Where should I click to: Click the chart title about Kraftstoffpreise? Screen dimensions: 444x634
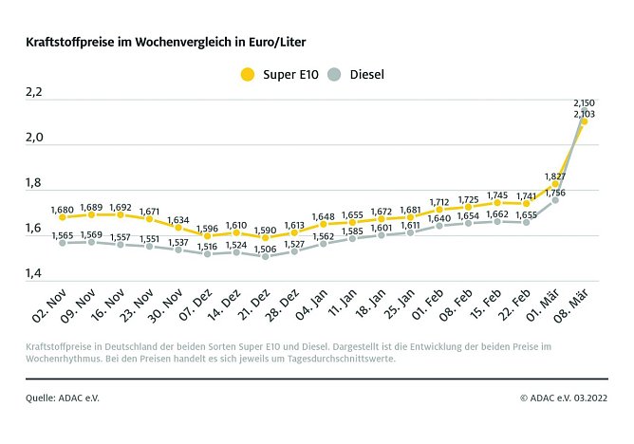pyautogui.click(x=166, y=43)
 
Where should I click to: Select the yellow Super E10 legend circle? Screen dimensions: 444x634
pyautogui.click(x=248, y=74)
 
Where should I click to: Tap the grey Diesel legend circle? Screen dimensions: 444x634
pyautogui.click(x=333, y=74)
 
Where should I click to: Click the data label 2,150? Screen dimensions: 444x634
pyautogui.click(x=584, y=102)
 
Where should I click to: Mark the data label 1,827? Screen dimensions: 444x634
pyautogui.click(x=555, y=176)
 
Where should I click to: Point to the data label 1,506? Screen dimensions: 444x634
pyautogui.click(x=265, y=249)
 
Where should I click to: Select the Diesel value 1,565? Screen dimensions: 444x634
pyautogui.click(x=63, y=234)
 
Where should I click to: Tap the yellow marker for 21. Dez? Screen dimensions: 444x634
pyautogui.click(x=265, y=237)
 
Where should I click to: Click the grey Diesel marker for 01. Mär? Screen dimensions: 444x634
pyautogui.click(x=555, y=200)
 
